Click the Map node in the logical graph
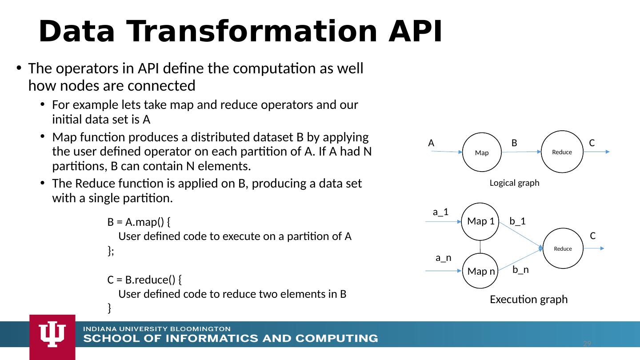click(x=481, y=152)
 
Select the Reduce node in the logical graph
click(x=562, y=152)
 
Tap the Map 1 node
click(x=480, y=221)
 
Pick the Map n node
click(x=480, y=271)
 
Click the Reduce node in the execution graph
click(x=563, y=248)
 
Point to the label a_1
click(x=440, y=212)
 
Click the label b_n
click(x=520, y=269)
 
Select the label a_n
click(x=443, y=258)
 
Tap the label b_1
click(x=517, y=221)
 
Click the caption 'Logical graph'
click(x=514, y=183)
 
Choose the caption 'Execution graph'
click(x=528, y=300)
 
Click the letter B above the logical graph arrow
click(x=514, y=143)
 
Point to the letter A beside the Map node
click(x=431, y=143)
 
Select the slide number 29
click(x=587, y=344)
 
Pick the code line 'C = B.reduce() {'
click(x=144, y=280)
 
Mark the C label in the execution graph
click(x=592, y=236)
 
